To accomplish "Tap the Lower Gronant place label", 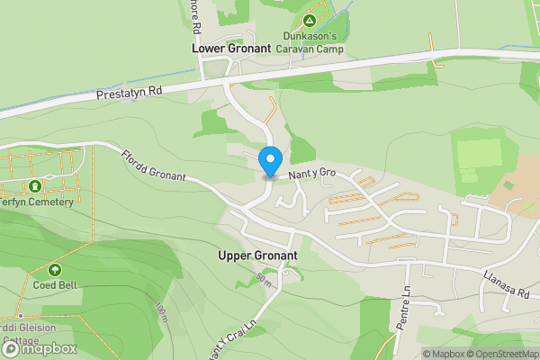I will pos(232,48).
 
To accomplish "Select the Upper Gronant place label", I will pos(257,256).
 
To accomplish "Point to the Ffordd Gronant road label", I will pos(153,166).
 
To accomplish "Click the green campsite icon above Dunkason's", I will pos(309,19).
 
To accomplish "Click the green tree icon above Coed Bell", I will pos(55,269).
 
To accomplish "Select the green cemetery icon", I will pos(35,186).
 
